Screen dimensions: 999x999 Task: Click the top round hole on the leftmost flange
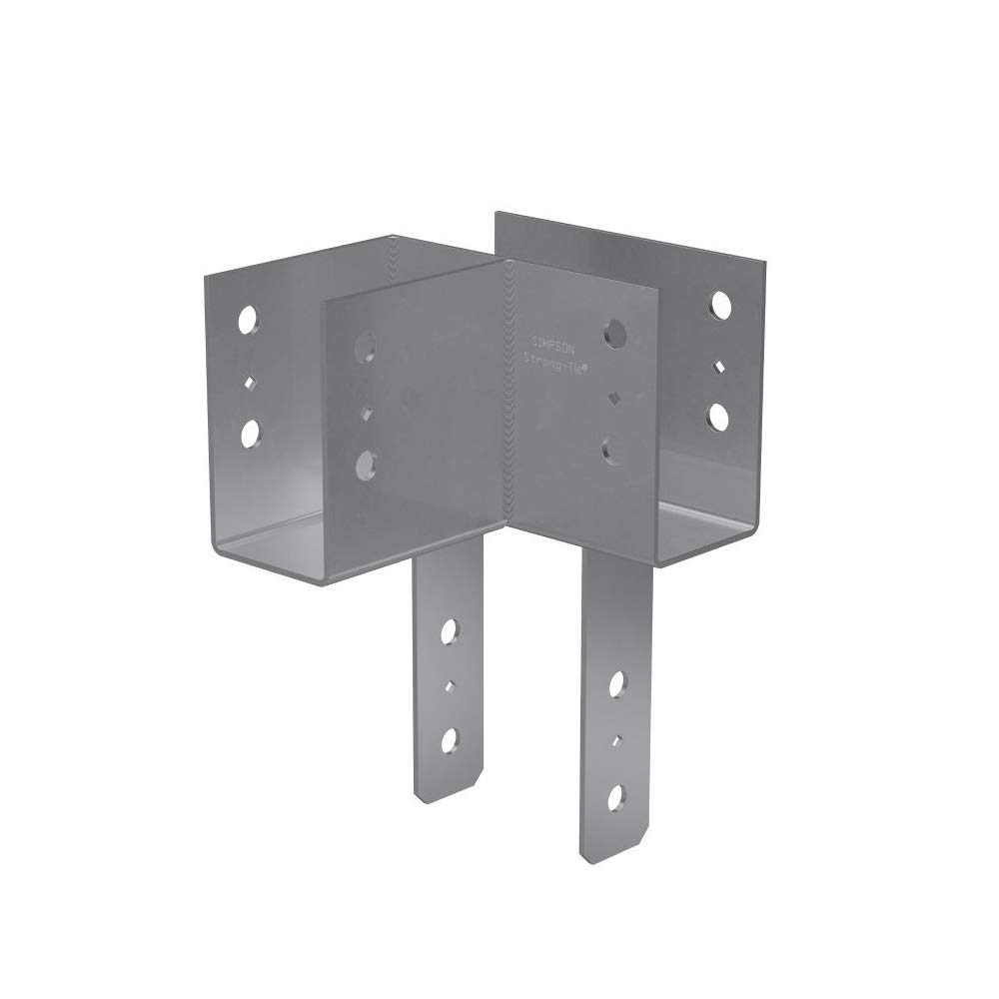point(248,320)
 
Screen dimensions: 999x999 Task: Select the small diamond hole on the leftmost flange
point(250,380)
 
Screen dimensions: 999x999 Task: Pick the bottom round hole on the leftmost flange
point(250,433)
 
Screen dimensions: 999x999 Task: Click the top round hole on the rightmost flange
point(719,306)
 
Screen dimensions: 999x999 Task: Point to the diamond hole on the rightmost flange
point(718,366)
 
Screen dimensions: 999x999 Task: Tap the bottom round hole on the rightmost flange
point(717,416)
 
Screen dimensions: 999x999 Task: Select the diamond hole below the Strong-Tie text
point(613,399)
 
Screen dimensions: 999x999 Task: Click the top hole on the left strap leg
point(449,631)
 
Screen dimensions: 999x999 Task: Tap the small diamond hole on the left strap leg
point(449,685)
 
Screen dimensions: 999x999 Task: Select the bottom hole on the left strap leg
point(449,740)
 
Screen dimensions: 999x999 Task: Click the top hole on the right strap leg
point(616,685)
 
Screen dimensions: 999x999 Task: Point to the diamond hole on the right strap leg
point(616,741)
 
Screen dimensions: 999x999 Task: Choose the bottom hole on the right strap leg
point(615,797)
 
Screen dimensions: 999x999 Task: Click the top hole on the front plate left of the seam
point(367,346)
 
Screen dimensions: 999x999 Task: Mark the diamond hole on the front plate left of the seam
point(367,411)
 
